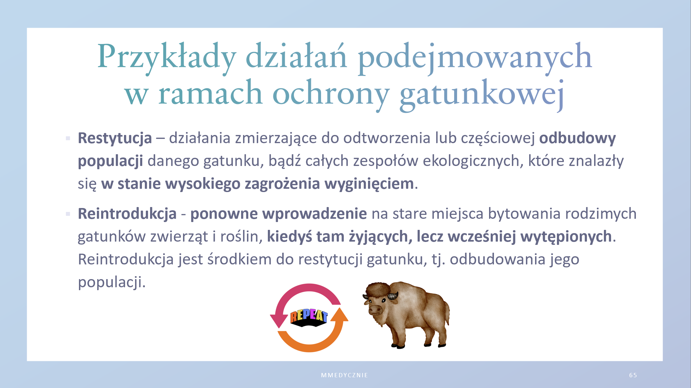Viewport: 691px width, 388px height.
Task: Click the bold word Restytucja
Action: (115, 138)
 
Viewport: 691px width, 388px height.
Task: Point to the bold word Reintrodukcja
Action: (127, 214)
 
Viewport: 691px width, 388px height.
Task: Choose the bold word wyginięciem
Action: (369, 184)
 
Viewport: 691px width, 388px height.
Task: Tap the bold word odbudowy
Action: (577, 138)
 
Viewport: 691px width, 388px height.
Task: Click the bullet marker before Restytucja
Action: (68, 139)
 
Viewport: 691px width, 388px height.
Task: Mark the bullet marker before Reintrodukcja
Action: (68, 214)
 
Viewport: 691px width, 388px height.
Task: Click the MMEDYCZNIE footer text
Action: (345, 375)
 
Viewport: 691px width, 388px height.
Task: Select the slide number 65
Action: (633, 375)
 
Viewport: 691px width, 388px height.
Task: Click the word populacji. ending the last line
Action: (112, 282)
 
